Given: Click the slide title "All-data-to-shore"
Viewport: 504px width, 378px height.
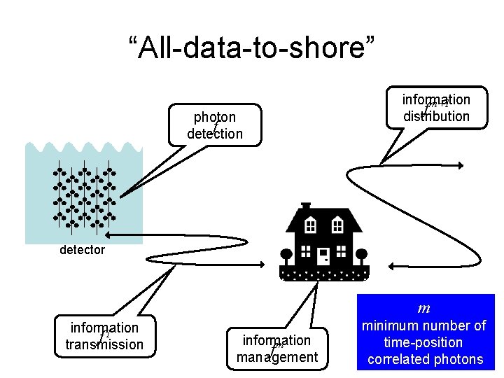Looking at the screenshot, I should tap(252, 48).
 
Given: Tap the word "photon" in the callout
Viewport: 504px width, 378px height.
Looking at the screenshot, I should tap(215, 117).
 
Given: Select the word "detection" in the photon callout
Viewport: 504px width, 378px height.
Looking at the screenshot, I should tap(215, 133).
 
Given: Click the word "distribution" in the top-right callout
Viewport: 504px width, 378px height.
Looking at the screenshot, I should tap(436, 116).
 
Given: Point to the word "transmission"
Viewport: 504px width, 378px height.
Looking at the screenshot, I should tap(104, 344).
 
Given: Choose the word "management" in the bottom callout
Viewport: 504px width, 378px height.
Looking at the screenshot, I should tap(277, 357).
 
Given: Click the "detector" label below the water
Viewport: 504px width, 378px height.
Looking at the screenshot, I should tap(82, 249).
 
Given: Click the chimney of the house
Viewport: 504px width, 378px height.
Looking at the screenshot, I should tap(305, 207).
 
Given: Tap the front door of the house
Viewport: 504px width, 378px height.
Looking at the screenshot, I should tap(323, 256).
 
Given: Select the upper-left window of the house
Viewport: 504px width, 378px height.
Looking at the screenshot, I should tap(311, 225).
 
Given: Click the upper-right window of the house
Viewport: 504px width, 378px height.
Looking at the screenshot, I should tap(337, 225).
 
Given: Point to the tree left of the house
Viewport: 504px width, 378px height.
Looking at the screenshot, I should tap(286, 254).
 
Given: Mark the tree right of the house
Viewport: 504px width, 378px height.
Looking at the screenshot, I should tap(362, 254).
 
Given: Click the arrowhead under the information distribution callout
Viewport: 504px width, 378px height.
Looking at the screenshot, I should tap(459, 165).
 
